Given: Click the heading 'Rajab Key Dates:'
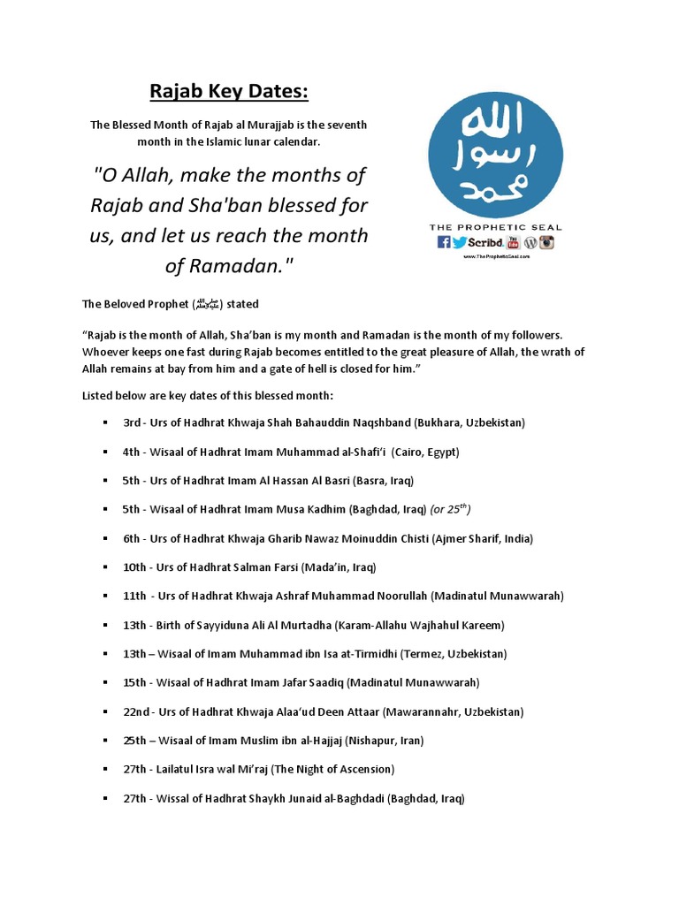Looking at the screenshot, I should (x=228, y=92).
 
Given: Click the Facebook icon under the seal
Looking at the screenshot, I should (x=443, y=242).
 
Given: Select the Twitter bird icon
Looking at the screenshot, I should (x=458, y=242).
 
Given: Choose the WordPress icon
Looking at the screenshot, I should (x=530, y=242).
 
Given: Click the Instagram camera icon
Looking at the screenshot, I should (x=546, y=242).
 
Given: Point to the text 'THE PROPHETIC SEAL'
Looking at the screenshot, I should (x=494, y=227).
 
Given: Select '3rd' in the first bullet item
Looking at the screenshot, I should (x=132, y=422).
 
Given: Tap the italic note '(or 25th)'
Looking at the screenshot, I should (x=450, y=509).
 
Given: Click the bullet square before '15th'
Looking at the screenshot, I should (x=105, y=683).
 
